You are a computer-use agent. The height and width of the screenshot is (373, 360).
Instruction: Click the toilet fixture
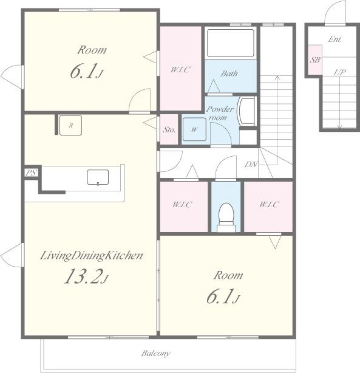coord(226,217)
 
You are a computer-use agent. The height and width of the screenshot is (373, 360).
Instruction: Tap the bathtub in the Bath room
coord(231,43)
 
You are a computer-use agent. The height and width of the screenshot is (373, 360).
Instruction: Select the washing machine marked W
coord(194,129)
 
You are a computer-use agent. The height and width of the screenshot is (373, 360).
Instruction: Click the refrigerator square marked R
coord(70,125)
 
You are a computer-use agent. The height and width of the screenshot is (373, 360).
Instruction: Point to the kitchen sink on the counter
coord(98,177)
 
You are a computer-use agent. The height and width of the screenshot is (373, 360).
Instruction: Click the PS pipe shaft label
coord(31,173)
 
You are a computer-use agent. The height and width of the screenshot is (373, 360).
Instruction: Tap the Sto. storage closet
coord(169,129)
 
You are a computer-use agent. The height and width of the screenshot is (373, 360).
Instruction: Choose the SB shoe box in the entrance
coord(315,60)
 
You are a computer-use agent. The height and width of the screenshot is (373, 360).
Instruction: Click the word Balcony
coord(156,353)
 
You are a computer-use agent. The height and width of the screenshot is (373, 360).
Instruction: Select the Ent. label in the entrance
coord(335,39)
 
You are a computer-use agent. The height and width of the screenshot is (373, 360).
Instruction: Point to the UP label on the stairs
coord(339,72)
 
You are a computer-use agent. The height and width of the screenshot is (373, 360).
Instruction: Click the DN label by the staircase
coord(251,164)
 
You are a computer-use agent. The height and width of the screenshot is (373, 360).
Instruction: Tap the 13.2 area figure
coord(86,276)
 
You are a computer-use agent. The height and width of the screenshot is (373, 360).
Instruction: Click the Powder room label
coord(220,113)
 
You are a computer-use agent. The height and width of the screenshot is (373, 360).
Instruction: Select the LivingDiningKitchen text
coord(91,256)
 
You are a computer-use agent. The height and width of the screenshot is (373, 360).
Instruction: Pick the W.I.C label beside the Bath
coord(180,69)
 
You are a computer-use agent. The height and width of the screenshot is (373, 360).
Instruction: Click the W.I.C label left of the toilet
coord(182,204)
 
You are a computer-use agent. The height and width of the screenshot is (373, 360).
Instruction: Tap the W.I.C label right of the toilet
coord(269,204)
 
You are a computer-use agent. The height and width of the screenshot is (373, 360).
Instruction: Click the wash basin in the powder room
coord(247,111)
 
